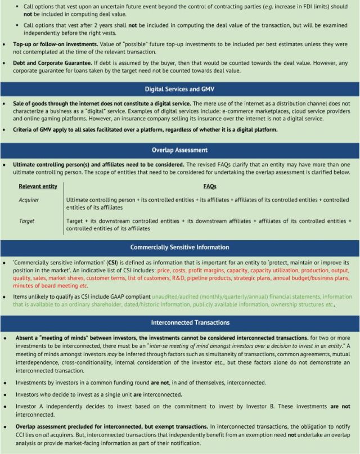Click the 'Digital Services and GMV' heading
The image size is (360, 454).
179,89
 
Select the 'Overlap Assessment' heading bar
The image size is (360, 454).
179,150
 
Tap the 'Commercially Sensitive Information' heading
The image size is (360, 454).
179,247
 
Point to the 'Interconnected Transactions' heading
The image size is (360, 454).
179,322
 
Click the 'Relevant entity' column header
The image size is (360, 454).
38,186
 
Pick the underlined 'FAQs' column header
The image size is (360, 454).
209,186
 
